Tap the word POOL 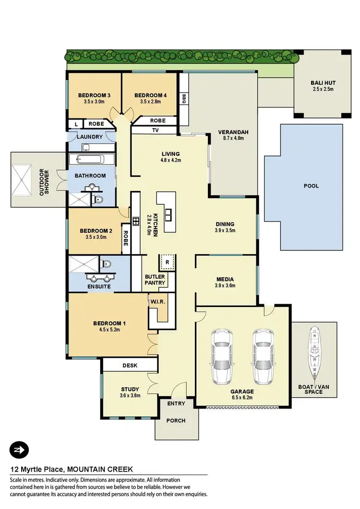click(x=311, y=186)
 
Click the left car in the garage click(x=222, y=356)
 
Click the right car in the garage click(x=263, y=356)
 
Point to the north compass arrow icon click(x=19, y=450)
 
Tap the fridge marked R click(x=167, y=262)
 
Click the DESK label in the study click(x=130, y=366)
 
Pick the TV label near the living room click(x=155, y=130)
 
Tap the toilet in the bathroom click(x=99, y=200)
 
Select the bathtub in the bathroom click(x=91, y=160)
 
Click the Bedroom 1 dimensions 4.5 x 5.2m click(x=106, y=330)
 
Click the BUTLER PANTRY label click(x=155, y=280)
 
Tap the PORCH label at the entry click(x=175, y=421)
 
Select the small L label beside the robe click(x=75, y=124)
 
